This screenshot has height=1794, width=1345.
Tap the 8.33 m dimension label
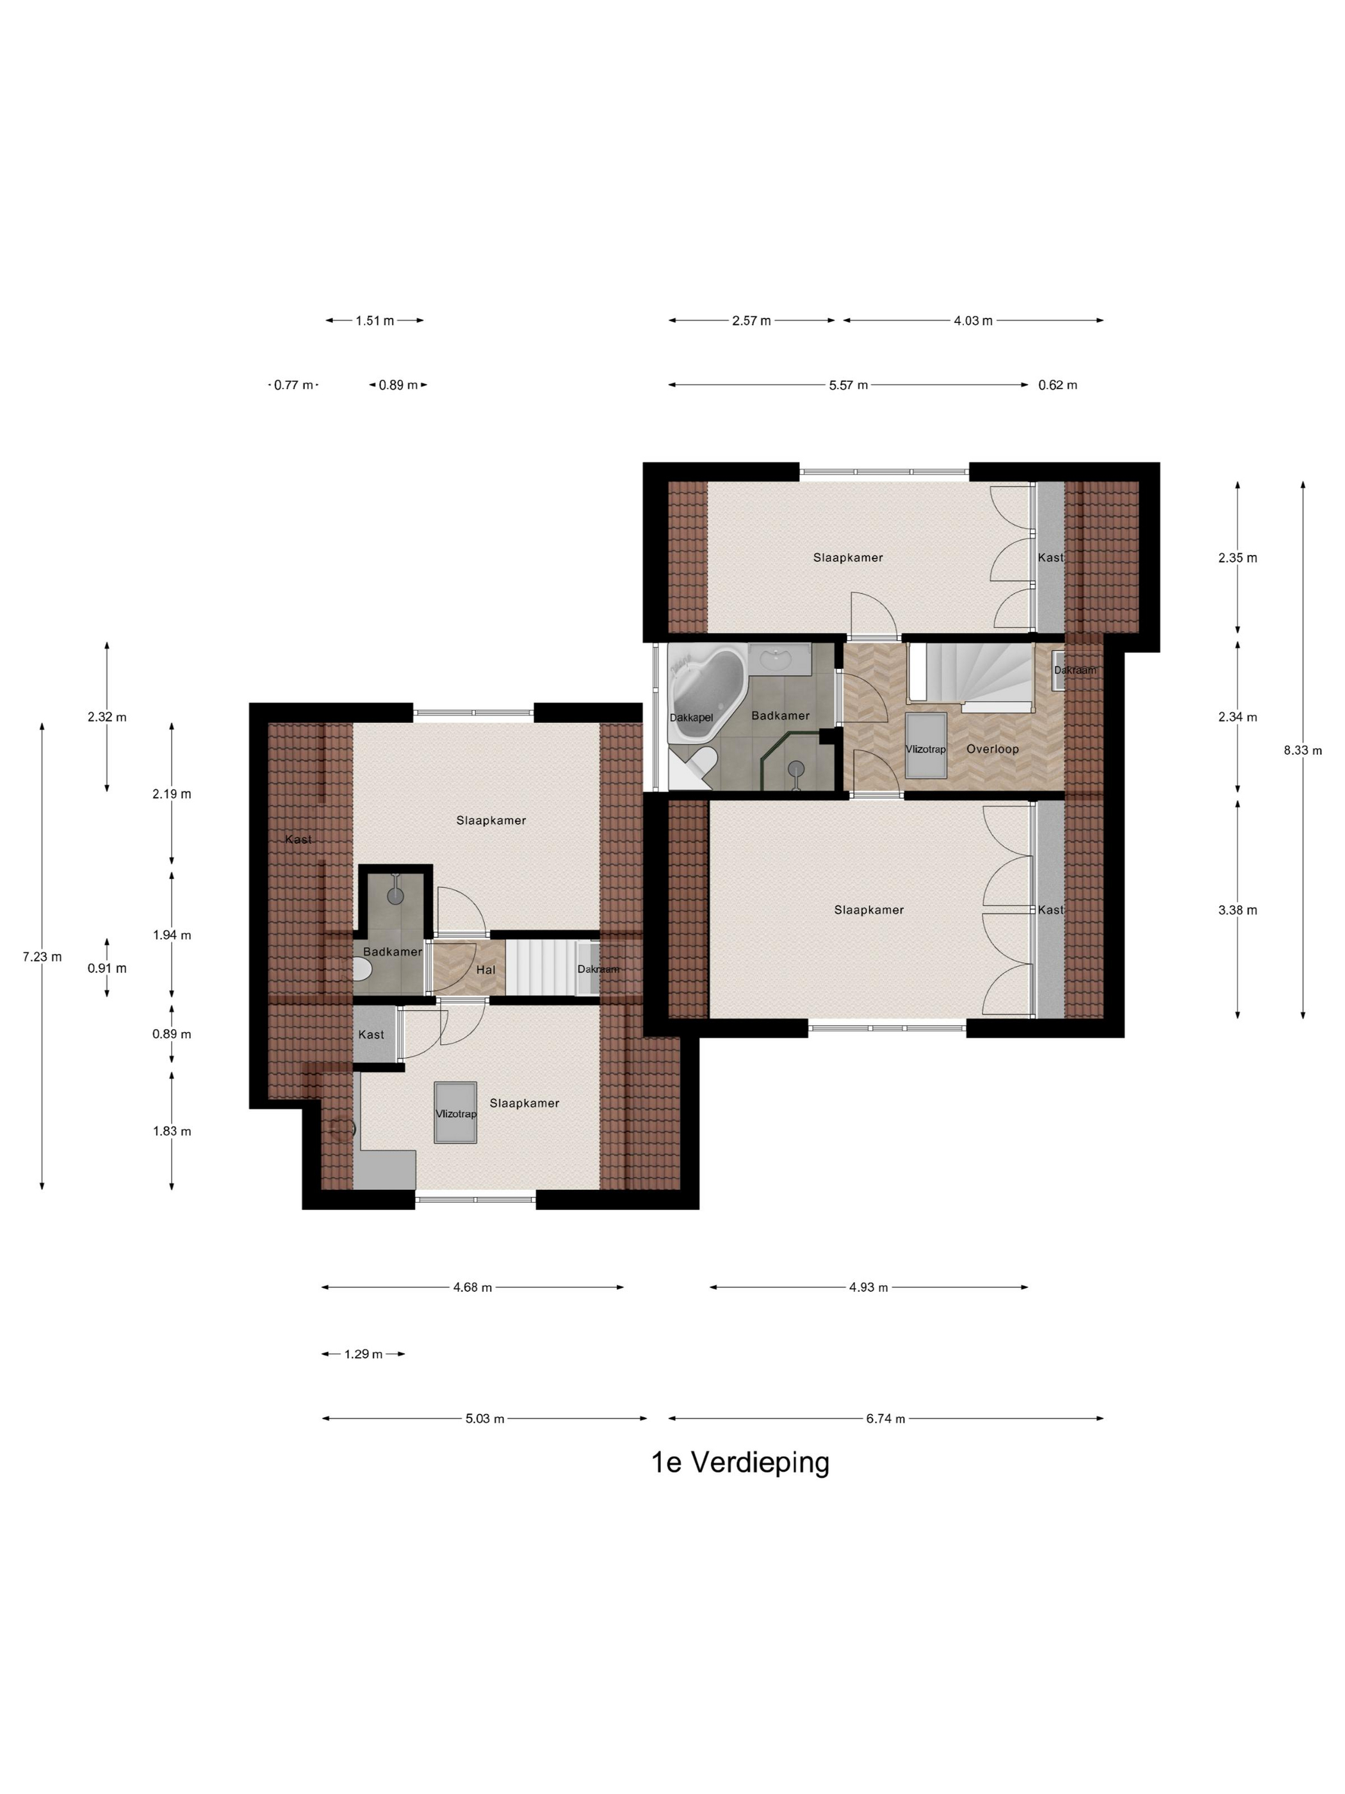(x=1302, y=750)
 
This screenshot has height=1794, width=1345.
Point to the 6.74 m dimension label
(x=885, y=1419)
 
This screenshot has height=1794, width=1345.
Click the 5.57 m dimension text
(x=848, y=385)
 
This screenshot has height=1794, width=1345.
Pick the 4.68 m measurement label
(x=473, y=1287)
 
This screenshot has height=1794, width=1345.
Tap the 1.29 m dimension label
(x=363, y=1354)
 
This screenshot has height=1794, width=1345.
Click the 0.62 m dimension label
(x=1057, y=385)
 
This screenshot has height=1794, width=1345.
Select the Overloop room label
(x=992, y=748)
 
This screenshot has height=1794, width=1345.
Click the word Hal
(x=485, y=969)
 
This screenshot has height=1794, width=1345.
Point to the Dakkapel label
(x=690, y=718)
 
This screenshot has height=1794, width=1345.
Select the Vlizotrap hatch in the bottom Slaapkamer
(x=455, y=1113)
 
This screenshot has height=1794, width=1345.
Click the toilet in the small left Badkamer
(x=363, y=969)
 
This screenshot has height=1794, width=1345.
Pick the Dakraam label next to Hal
(x=598, y=969)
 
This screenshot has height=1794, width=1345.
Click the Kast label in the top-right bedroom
(x=1051, y=557)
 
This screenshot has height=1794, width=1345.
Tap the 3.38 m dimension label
(x=1237, y=910)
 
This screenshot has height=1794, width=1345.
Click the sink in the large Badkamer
(x=779, y=659)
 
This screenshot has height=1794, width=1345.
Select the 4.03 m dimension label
(x=973, y=320)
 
